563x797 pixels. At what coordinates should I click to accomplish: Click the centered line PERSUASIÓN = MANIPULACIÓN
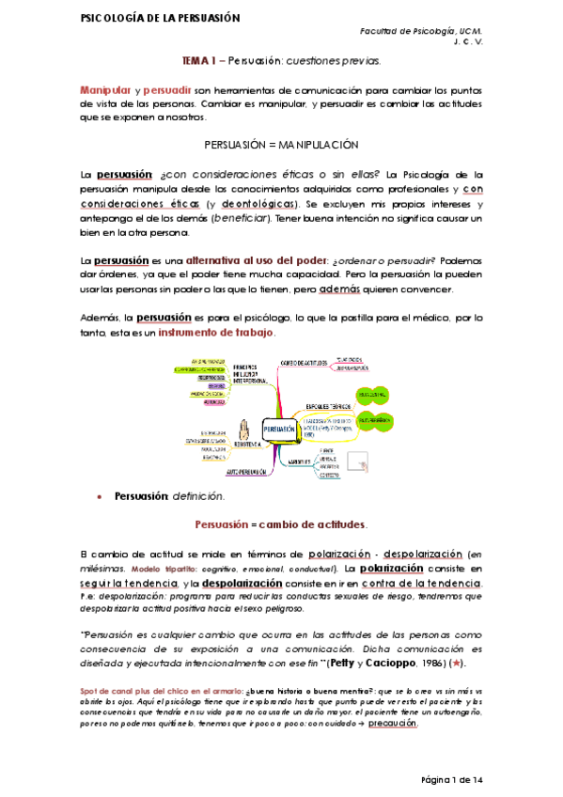pos(282,146)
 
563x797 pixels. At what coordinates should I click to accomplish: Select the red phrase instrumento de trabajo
pos(216,334)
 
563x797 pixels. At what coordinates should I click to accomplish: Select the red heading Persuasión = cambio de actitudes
pos(281,524)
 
